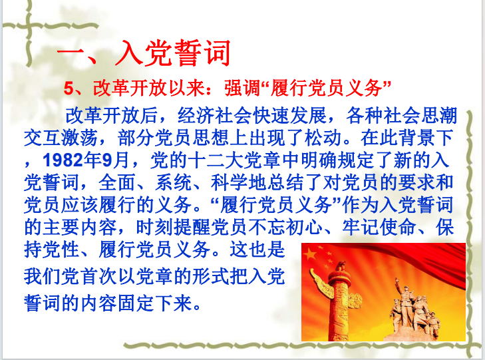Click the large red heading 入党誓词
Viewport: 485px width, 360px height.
click(173, 53)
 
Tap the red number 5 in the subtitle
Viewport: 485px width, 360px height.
click(69, 88)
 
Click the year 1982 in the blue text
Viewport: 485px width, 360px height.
click(63, 160)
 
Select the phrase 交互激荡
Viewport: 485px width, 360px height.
click(61, 138)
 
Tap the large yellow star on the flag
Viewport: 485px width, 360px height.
click(309, 255)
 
